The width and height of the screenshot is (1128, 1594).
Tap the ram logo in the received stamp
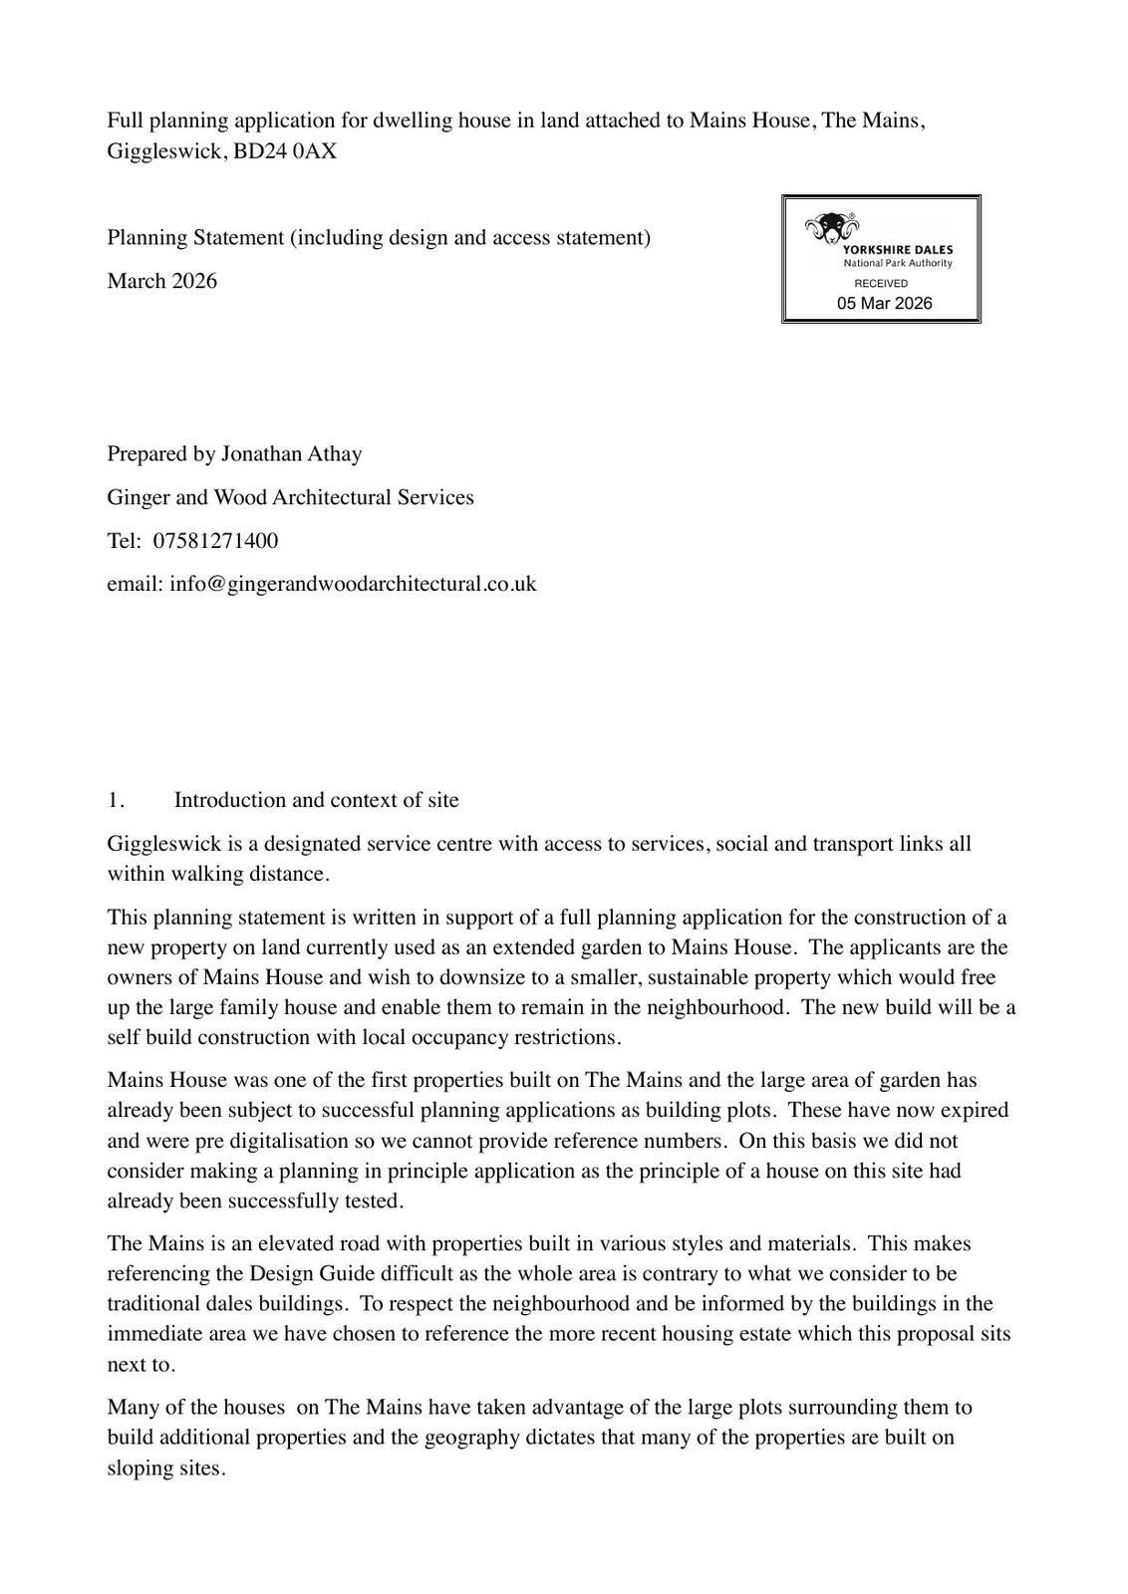[829, 228]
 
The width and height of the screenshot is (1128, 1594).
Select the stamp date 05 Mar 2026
[884, 304]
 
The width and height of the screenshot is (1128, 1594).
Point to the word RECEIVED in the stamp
[881, 284]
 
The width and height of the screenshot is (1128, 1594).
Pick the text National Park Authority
[897, 263]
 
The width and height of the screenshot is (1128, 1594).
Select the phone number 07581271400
[215, 541]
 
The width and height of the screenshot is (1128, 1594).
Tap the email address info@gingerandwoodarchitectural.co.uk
[353, 584]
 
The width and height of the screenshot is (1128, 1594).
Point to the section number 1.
[116, 800]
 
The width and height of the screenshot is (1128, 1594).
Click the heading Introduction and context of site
[316, 800]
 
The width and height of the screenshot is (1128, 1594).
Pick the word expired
[971, 1110]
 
